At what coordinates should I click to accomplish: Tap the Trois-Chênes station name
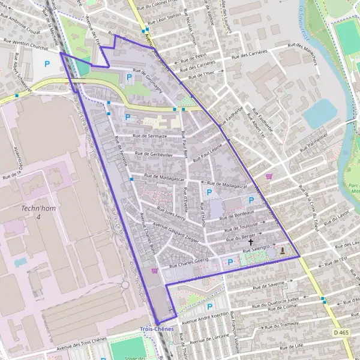coord(156,329)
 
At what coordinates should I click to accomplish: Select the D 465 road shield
coord(340,332)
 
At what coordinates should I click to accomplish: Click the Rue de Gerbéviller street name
coord(154,154)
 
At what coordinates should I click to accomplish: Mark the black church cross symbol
coord(250,241)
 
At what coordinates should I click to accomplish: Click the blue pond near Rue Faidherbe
coord(322,112)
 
